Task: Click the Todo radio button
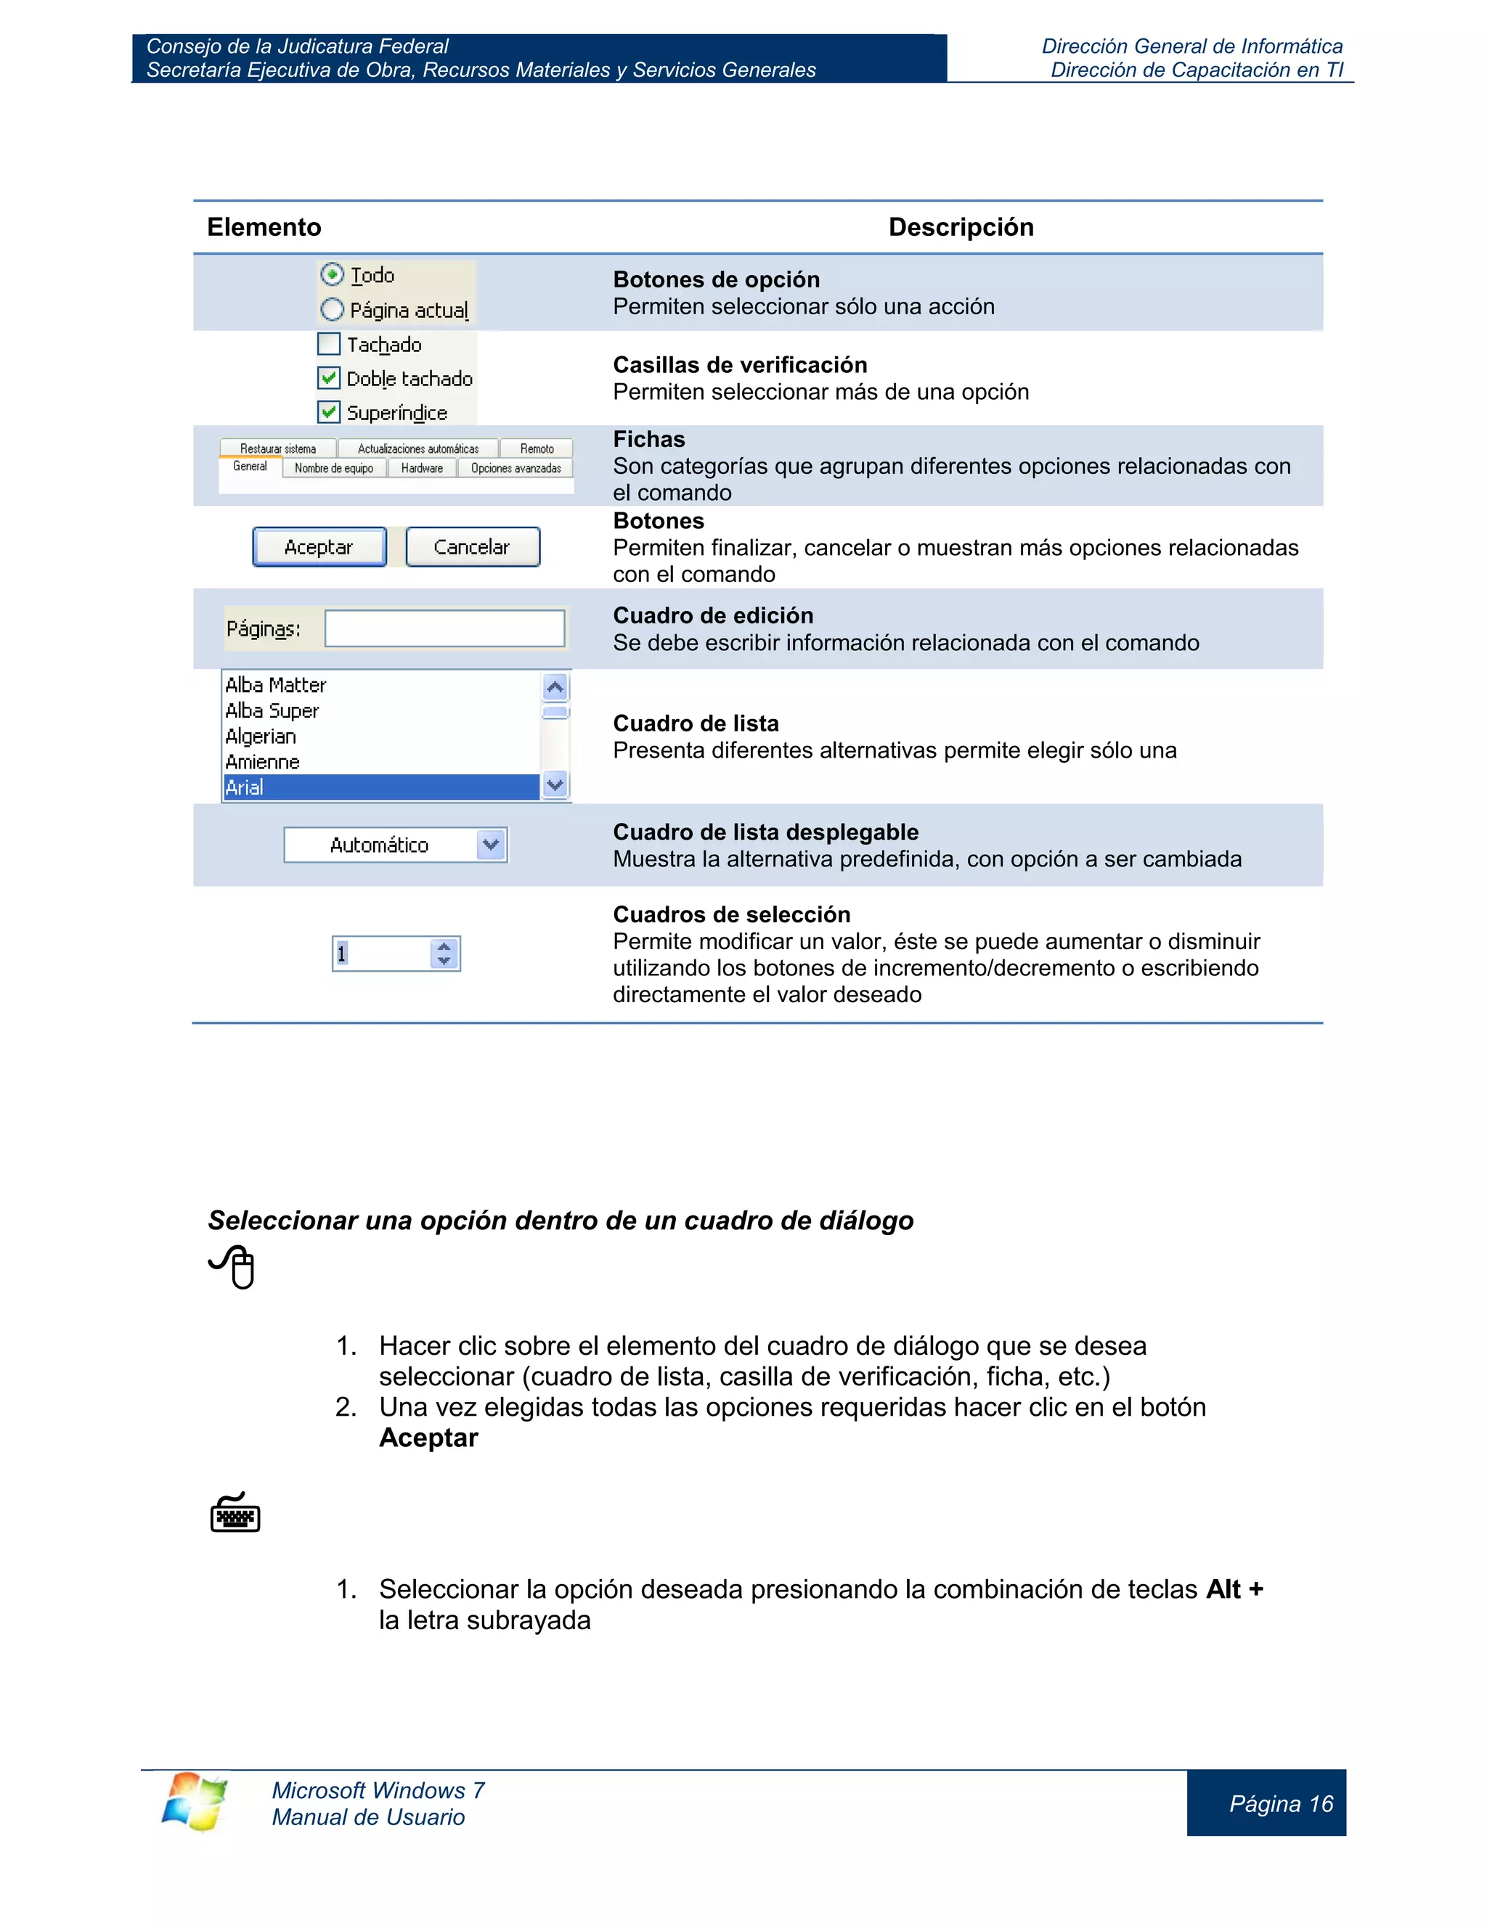coord(332,275)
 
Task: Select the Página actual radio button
coord(332,310)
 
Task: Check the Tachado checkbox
coord(329,344)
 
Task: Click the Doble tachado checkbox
coord(329,379)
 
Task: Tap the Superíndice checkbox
coord(329,412)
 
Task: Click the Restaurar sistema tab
coord(277,449)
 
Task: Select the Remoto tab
coord(537,449)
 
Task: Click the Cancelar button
coord(472,547)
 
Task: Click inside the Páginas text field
coord(444,628)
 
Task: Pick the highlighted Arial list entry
coord(380,787)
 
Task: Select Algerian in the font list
coord(261,736)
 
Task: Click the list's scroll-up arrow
coord(555,686)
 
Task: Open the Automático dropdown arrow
coord(491,845)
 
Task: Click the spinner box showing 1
coord(381,954)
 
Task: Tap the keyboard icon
coord(235,1514)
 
